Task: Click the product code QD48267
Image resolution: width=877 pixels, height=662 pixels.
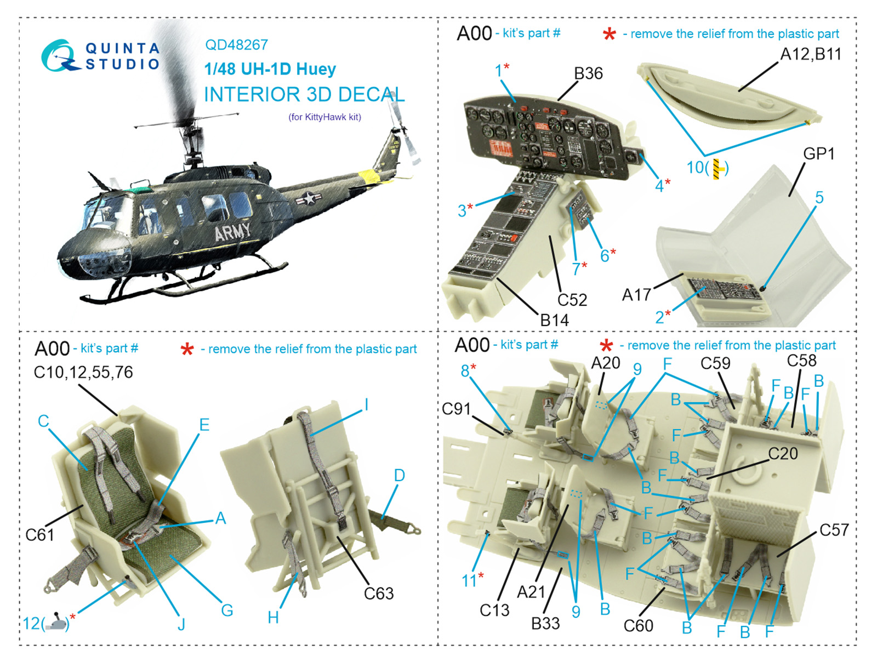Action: [x=236, y=45]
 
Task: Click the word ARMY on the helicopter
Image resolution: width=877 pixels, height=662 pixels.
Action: [x=232, y=233]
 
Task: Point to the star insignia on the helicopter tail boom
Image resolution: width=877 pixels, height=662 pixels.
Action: [x=309, y=198]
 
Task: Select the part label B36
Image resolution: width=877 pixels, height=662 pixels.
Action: [x=588, y=73]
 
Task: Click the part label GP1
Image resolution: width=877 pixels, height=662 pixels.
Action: [x=818, y=154]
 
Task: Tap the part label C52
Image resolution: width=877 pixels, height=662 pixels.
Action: [x=572, y=300]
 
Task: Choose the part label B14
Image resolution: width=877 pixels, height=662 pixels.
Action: [x=554, y=320]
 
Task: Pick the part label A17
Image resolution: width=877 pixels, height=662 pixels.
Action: [x=636, y=295]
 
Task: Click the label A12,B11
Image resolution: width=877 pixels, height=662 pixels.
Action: [x=810, y=54]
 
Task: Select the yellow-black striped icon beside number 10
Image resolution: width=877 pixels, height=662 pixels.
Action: [x=717, y=168]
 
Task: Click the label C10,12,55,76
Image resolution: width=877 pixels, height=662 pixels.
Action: [x=83, y=372]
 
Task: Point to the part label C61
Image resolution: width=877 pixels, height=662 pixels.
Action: [x=39, y=534]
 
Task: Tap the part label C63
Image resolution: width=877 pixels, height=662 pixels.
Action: [x=379, y=593]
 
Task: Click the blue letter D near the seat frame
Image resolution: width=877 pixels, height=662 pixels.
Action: [x=399, y=475]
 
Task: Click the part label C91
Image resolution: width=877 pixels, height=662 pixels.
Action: [x=456, y=409]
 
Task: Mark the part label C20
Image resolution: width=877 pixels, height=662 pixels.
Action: [x=783, y=454]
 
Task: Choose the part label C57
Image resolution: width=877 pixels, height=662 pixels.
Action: [x=834, y=530]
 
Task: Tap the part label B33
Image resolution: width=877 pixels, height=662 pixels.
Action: [x=545, y=623]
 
